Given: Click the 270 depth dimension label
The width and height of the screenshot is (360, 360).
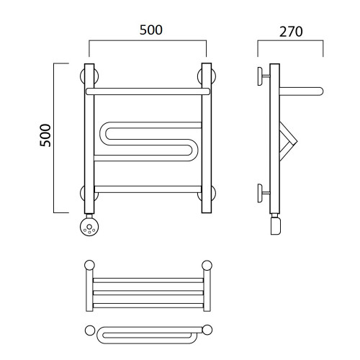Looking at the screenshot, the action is point(291,32).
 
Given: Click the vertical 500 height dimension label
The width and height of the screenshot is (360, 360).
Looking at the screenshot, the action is point(45,135).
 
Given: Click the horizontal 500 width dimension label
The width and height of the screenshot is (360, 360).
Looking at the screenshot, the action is point(151,30).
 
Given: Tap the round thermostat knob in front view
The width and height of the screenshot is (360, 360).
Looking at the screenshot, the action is point(89,227).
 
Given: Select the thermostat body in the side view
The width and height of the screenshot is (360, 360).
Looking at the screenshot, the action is point(276,225).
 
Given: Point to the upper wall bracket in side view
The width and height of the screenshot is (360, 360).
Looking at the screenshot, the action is point(263,76).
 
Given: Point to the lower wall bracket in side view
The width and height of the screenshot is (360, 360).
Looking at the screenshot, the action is point(263,193).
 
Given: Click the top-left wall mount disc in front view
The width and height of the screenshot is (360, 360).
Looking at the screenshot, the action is point(89,76).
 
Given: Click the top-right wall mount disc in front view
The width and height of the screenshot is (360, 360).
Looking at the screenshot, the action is point(207,76).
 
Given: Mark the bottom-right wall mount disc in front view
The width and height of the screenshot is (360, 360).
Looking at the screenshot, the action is point(207,193).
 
